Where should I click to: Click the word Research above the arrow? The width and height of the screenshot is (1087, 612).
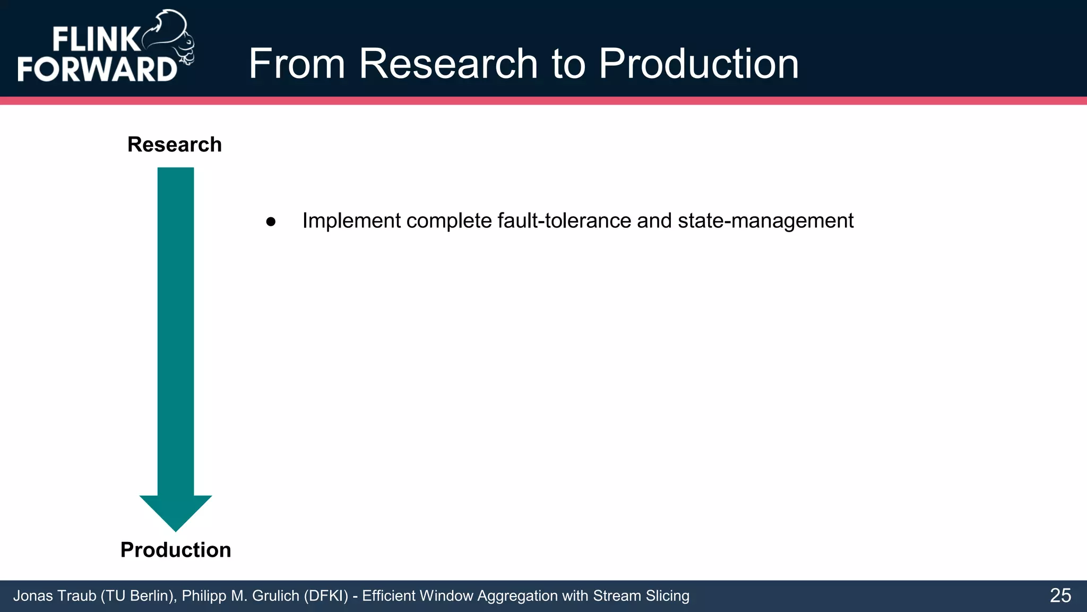tap(175, 144)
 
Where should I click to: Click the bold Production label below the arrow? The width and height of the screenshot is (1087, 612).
tap(176, 550)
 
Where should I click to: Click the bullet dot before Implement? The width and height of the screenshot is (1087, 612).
tap(271, 222)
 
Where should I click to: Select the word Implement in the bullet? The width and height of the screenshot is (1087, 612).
tap(351, 221)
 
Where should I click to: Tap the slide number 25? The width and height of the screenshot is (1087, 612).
tap(1060, 596)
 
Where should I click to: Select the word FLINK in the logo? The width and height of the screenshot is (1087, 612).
tap(96, 40)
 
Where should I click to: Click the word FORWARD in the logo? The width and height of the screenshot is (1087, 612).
tap(97, 69)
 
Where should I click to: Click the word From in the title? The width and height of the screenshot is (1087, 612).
tap(297, 64)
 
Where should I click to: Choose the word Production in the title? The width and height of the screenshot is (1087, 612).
tap(698, 64)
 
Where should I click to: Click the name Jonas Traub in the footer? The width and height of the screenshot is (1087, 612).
tap(55, 596)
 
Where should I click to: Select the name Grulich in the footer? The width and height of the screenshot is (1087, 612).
tap(275, 596)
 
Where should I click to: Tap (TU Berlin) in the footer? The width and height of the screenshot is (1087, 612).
tap(139, 596)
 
